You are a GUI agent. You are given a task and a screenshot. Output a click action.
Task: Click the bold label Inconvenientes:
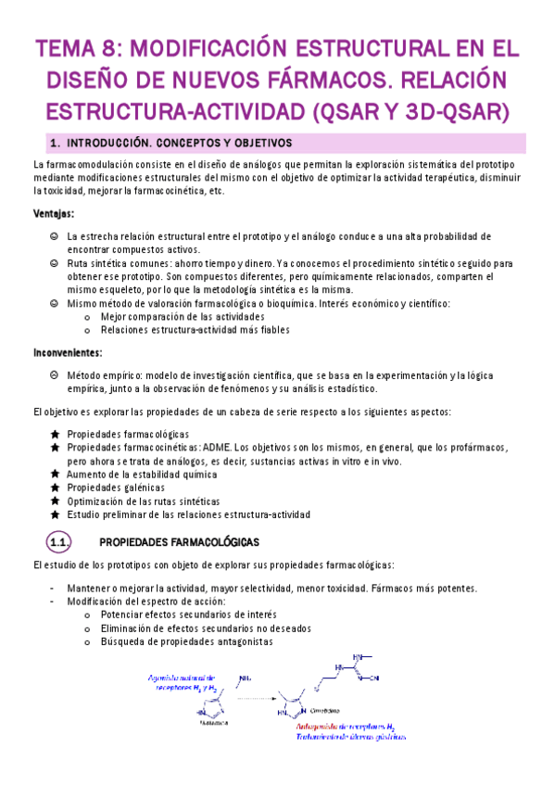(x=68, y=352)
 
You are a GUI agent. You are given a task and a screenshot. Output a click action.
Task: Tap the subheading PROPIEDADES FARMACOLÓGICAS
(x=179, y=541)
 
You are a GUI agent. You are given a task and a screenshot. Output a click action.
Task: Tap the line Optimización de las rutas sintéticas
(x=156, y=501)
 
